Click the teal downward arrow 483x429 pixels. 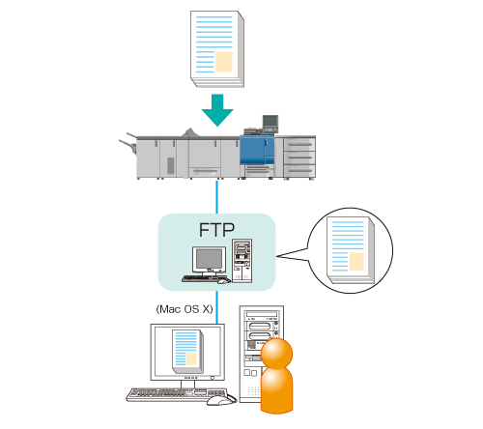pos(217,109)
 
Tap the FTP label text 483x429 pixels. pos(216,230)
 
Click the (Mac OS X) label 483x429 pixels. pos(185,309)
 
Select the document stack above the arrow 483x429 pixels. pos(217,48)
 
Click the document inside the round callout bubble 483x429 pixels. pos(351,250)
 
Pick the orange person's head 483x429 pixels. pos(276,354)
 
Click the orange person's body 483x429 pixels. pos(276,390)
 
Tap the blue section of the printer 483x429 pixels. pos(257,150)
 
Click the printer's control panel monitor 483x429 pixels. pos(270,124)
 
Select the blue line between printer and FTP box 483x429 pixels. pos(216,197)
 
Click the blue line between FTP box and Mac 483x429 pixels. pos(216,307)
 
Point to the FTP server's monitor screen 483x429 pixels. pos(210,259)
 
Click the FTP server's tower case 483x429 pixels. pos(242,261)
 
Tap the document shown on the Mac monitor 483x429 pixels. pos(188,351)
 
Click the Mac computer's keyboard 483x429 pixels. pos(177,394)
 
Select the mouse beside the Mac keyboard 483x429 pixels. pos(221,400)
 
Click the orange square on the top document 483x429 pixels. pos(224,62)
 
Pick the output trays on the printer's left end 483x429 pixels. pos(128,143)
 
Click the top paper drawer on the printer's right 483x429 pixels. pos(299,144)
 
